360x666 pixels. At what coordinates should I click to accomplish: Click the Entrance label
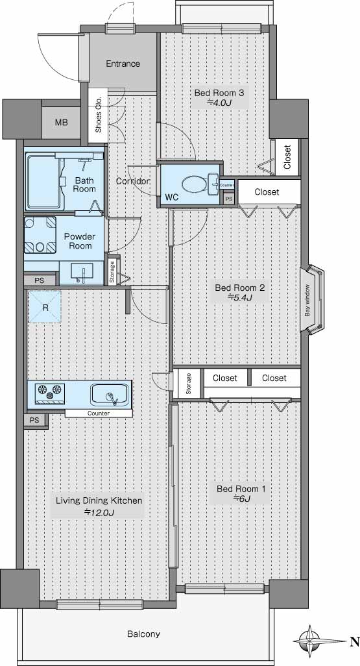pos(123,64)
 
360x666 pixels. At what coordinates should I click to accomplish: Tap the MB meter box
pos(61,123)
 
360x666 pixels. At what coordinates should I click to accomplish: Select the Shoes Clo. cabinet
pos(98,116)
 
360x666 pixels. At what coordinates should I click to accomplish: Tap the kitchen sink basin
pos(110,395)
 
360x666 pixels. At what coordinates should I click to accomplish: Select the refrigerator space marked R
pos(45,307)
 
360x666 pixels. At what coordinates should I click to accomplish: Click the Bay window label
pos(307,300)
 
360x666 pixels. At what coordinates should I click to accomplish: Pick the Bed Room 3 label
pos(219,93)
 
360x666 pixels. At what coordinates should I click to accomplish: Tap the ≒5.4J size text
pos(240,297)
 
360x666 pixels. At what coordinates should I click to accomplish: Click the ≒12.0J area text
pos(99,512)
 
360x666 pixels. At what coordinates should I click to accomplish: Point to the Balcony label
pos(144,634)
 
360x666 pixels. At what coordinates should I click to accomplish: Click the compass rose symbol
pos(310,641)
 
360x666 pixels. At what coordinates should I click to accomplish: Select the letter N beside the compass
pos(354,642)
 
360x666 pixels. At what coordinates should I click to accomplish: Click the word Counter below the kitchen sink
pos(99,413)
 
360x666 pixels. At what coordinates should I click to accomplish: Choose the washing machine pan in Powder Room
pos(40,235)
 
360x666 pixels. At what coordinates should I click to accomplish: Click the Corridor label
pos(133,181)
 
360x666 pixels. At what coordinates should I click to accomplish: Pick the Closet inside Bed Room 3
pos(287,157)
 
